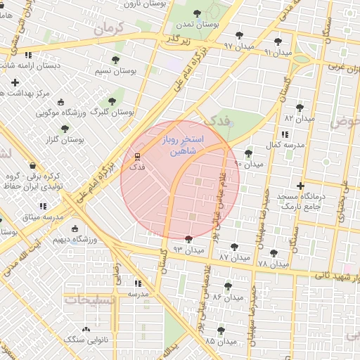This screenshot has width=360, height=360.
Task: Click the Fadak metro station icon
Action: point(137,156)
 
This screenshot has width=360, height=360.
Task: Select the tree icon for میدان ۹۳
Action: point(188,240)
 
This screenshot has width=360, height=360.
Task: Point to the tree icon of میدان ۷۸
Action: point(274,253)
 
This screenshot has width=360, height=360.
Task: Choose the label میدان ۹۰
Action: point(249,164)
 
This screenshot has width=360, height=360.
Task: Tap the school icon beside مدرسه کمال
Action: point(283,134)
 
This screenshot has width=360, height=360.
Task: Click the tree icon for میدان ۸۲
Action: point(300,108)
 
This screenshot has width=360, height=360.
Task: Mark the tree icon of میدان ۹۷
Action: point(239,35)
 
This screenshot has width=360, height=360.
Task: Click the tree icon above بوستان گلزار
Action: point(65,129)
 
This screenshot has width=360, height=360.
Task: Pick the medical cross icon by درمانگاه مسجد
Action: point(300,186)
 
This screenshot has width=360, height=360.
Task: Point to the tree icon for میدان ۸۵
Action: point(221,330)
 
